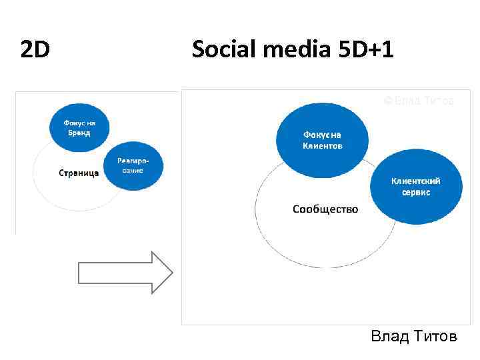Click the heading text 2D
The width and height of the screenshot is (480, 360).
[35, 49]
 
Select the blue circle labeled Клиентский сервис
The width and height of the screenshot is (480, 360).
[415, 187]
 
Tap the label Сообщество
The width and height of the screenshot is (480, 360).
[325, 209]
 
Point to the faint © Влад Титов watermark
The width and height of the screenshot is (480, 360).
[419, 101]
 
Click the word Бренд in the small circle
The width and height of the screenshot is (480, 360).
[77, 133]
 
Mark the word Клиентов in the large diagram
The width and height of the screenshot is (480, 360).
[323, 145]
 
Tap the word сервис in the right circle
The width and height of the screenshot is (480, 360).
[415, 192]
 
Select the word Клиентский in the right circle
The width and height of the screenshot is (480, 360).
[415, 181]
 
